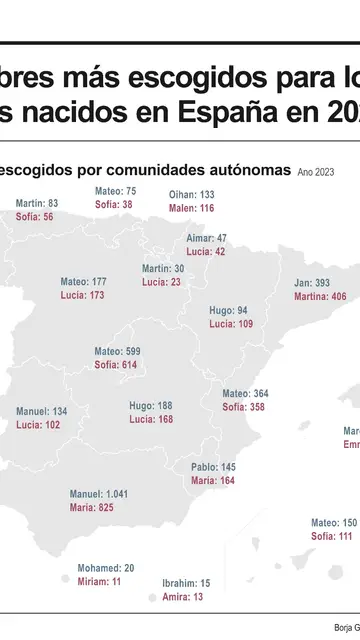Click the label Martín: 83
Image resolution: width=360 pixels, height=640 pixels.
pyautogui.click(x=37, y=203)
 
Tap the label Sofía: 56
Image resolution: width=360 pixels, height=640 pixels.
pyautogui.click(x=35, y=217)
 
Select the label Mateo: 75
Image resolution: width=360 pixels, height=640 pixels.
pyautogui.click(x=115, y=190)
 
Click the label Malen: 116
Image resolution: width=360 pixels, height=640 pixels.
pyautogui.click(x=193, y=208)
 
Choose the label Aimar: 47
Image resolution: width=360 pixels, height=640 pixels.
pyautogui.click(x=207, y=238)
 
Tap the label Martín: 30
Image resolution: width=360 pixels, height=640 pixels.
pyautogui.click(x=163, y=268)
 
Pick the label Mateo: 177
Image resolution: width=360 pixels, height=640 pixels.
pyautogui.click(x=83, y=282)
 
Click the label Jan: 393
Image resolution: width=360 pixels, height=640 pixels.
pyautogui.click(x=312, y=282)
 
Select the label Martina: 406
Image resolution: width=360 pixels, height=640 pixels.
pyautogui.click(x=320, y=296)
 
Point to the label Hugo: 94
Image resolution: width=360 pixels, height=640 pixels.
pyautogui.click(x=229, y=310)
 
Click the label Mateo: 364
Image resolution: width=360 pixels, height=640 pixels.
pyautogui.click(x=245, y=393)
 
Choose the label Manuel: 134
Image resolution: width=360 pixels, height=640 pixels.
pyautogui.click(x=42, y=411)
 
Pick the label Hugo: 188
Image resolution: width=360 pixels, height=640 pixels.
pyautogui.click(x=151, y=405)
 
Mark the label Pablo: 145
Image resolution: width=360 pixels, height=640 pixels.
pyautogui.click(x=214, y=467)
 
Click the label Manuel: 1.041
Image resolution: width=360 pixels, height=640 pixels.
pyautogui.click(x=99, y=494)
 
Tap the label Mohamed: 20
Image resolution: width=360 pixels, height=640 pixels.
pyautogui.click(x=106, y=567)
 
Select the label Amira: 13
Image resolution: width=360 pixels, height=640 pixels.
pyautogui.click(x=183, y=596)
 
